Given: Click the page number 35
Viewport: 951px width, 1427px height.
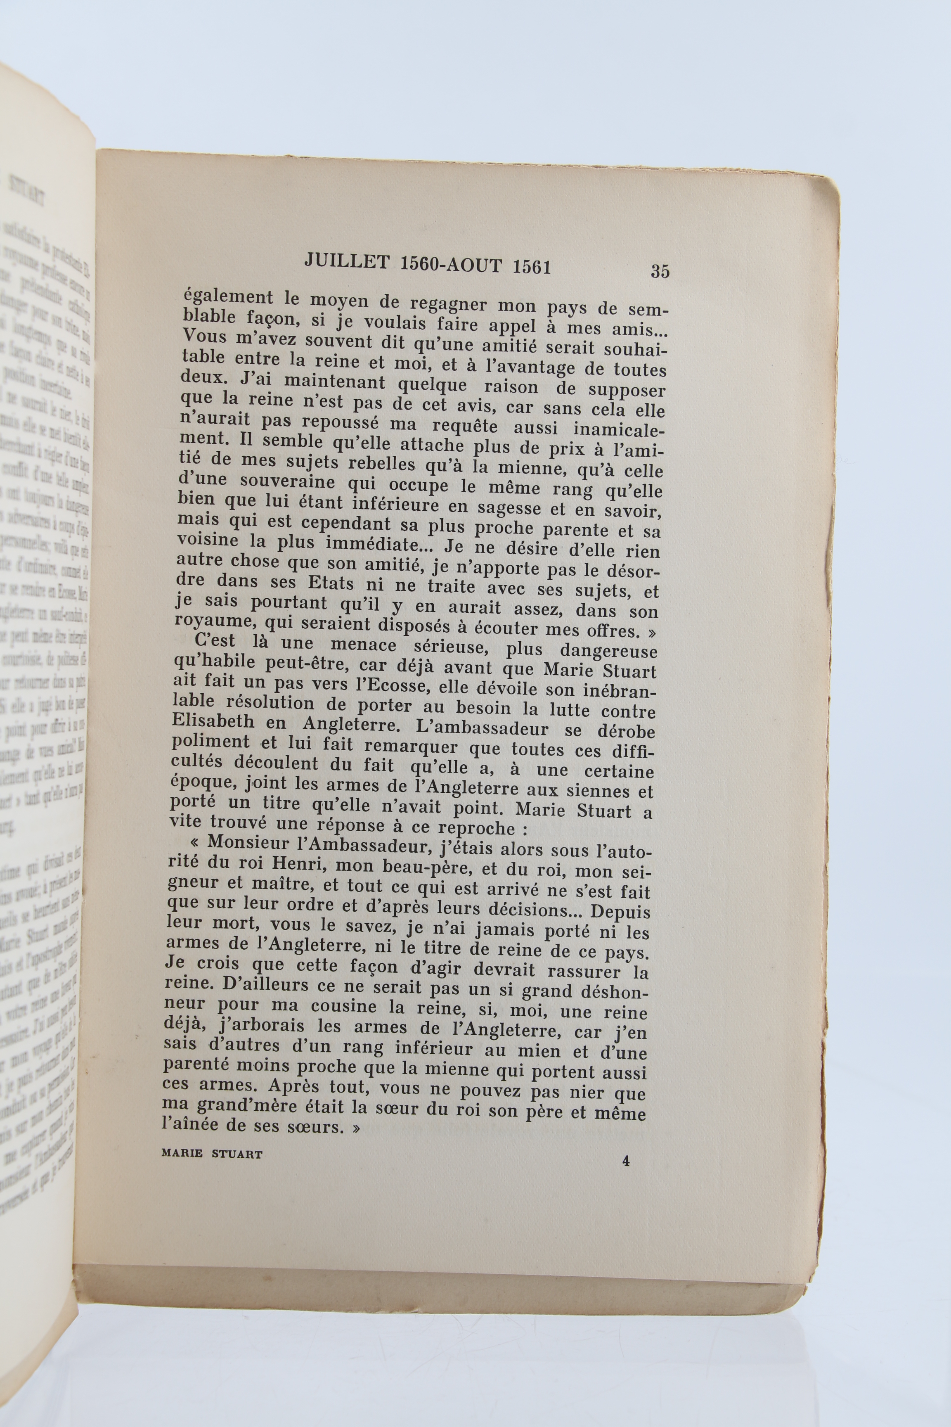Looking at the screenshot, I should click(660, 270).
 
